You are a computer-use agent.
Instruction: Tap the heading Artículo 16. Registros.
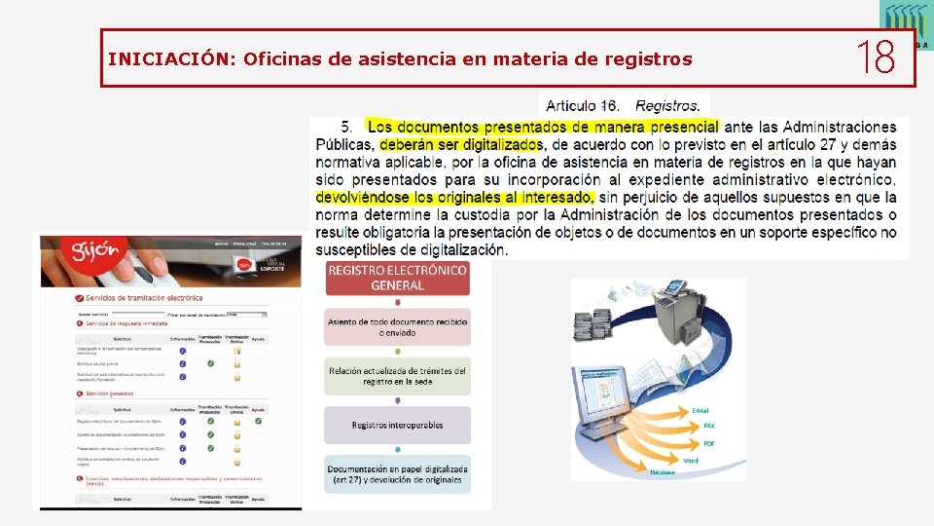coord(623,105)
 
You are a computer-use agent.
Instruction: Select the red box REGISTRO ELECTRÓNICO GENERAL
coord(397,278)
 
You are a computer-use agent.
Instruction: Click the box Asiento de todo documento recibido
coord(397,326)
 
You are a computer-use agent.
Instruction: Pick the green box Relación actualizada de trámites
coord(397,376)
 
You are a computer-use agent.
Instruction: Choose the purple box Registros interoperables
coord(397,425)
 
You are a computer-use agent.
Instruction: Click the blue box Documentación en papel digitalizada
coord(397,473)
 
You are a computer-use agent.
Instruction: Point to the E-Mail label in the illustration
coord(700,411)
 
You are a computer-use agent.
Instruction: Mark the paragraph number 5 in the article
coord(347,127)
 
